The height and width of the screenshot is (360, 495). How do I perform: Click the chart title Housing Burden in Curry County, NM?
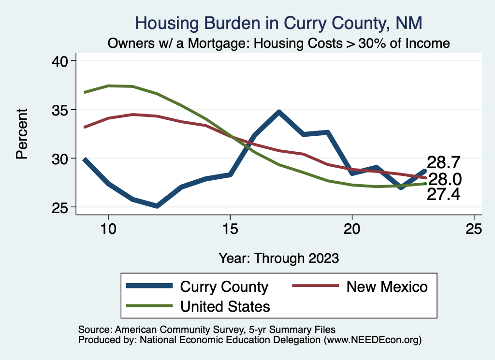(279, 23)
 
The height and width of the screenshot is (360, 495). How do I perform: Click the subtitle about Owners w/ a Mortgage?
(279, 43)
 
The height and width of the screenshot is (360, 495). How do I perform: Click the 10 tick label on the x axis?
(108, 229)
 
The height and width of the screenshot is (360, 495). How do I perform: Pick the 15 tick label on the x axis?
(230, 229)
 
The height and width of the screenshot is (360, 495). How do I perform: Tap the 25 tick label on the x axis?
(474, 229)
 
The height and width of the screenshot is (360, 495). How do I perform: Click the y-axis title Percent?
(21, 134)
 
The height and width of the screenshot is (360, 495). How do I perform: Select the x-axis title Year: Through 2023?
(279, 258)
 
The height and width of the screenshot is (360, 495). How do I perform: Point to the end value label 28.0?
(445, 180)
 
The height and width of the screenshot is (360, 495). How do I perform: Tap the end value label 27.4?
(443, 194)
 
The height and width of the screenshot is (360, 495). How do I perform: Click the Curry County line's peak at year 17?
(279, 112)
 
